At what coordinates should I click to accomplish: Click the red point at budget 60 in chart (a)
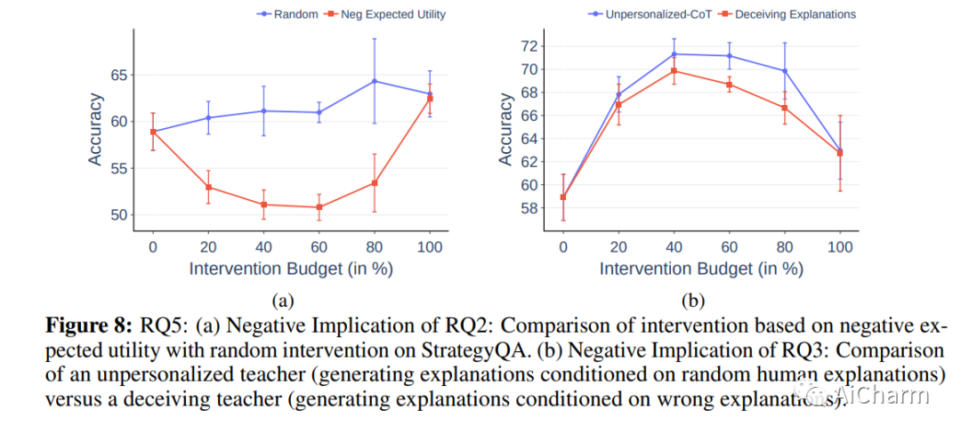pyautogui.click(x=319, y=207)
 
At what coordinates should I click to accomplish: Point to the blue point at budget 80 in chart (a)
pyautogui.click(x=375, y=81)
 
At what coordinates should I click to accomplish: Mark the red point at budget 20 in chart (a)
pyautogui.click(x=208, y=187)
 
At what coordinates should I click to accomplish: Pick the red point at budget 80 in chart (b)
pyautogui.click(x=784, y=108)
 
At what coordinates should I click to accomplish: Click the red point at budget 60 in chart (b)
pyautogui.click(x=729, y=84)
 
